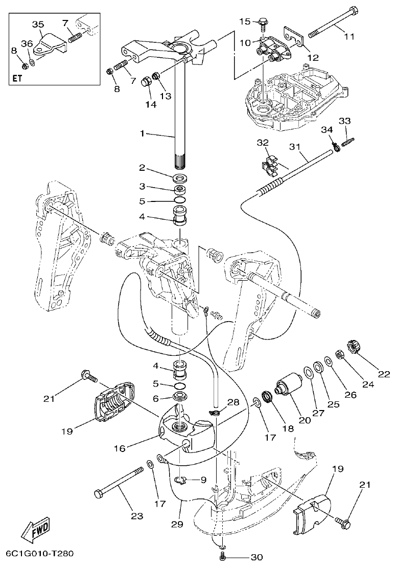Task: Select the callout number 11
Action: click(349, 36)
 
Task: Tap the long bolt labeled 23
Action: click(118, 483)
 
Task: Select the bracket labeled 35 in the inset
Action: click(50, 45)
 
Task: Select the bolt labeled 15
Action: click(262, 22)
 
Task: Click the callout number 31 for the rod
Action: click(294, 147)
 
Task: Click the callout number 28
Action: click(233, 402)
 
